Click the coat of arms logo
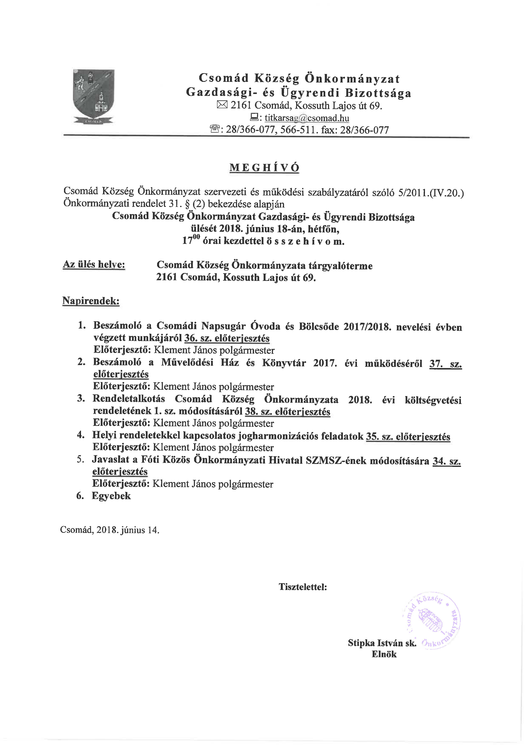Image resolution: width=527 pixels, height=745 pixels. pyautogui.click(x=94, y=96)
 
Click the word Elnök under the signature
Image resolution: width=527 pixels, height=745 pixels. pyautogui.click(x=384, y=654)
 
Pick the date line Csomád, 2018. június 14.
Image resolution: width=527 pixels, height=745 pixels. pyautogui.click(x=110, y=530)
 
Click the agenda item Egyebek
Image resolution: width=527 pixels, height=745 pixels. pyautogui.click(x=111, y=496)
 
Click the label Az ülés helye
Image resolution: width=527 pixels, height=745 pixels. pyautogui.click(x=94, y=264)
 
